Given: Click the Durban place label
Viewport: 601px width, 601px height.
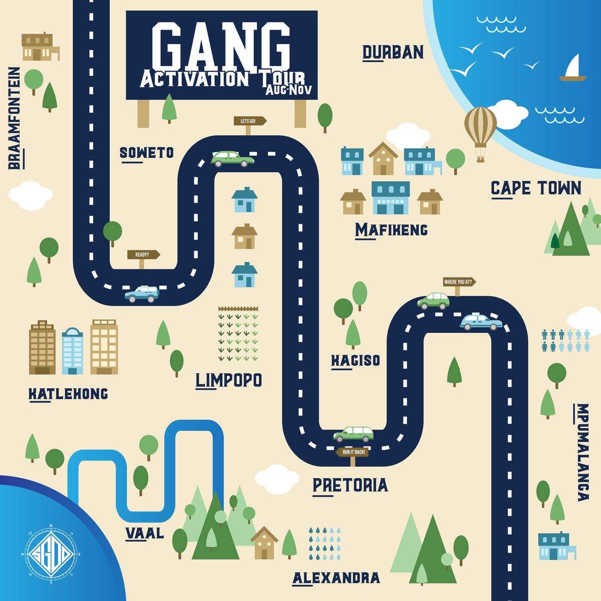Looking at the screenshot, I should pyautogui.click(x=393, y=52).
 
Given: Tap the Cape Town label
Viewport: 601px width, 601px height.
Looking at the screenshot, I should pyautogui.click(x=536, y=188).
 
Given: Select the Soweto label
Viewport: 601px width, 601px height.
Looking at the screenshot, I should pyautogui.click(x=147, y=152).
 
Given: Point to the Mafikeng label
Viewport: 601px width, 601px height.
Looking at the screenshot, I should pyautogui.click(x=391, y=230).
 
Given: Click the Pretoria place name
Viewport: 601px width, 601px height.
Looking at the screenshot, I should pyautogui.click(x=350, y=485).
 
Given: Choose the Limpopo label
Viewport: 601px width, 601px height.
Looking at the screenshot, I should pyautogui.click(x=229, y=380).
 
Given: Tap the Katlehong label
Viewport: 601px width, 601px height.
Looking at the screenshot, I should pyautogui.click(x=68, y=394).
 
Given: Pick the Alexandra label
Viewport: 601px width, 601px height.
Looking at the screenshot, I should pyautogui.click(x=336, y=577).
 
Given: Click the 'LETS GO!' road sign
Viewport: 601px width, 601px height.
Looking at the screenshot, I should pyautogui.click(x=249, y=121).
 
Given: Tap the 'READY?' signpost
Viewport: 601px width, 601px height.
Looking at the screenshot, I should pyautogui.click(x=143, y=254).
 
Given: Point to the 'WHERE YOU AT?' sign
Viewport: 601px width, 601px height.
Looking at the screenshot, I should pyautogui.click(x=459, y=282).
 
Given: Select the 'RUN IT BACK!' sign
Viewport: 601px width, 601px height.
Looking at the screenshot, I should pyautogui.click(x=354, y=452).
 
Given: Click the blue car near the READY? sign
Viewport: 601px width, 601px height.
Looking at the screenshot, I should pyautogui.click(x=142, y=294).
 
